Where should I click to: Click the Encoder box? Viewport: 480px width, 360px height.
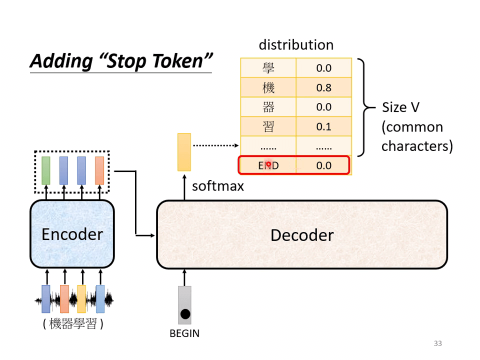pyautogui.click(x=72, y=234)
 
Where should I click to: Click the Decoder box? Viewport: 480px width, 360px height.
pyautogui.click(x=301, y=234)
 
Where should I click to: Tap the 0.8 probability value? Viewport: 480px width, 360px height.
pyautogui.click(x=323, y=87)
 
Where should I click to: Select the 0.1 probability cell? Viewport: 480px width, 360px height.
pyautogui.click(x=323, y=126)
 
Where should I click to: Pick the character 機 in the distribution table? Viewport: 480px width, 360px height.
pyautogui.click(x=268, y=87)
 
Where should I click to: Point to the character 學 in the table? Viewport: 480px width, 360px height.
pyautogui.click(x=268, y=68)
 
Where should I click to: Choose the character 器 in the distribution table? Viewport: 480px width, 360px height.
pyautogui.click(x=268, y=107)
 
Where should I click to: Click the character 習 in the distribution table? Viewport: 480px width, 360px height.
pyautogui.click(x=268, y=126)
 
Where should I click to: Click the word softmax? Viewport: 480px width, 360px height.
pyautogui.click(x=217, y=186)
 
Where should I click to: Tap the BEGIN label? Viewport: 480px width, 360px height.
pyautogui.click(x=184, y=333)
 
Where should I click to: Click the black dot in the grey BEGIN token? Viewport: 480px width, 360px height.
pyautogui.click(x=185, y=314)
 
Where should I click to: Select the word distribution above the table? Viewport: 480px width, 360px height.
pyautogui.click(x=295, y=45)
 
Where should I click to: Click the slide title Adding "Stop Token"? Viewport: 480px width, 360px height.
pyautogui.click(x=121, y=61)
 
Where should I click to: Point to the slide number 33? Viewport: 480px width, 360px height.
pyautogui.click(x=438, y=343)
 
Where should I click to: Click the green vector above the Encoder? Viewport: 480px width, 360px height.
pyautogui.click(x=46, y=170)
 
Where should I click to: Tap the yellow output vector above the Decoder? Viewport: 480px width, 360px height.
pyautogui.click(x=184, y=152)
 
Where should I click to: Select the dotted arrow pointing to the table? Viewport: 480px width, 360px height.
pyautogui.click(x=215, y=146)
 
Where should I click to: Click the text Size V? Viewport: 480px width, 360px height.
pyautogui.click(x=400, y=107)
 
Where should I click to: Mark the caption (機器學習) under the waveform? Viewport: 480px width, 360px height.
pyautogui.click(x=73, y=324)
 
